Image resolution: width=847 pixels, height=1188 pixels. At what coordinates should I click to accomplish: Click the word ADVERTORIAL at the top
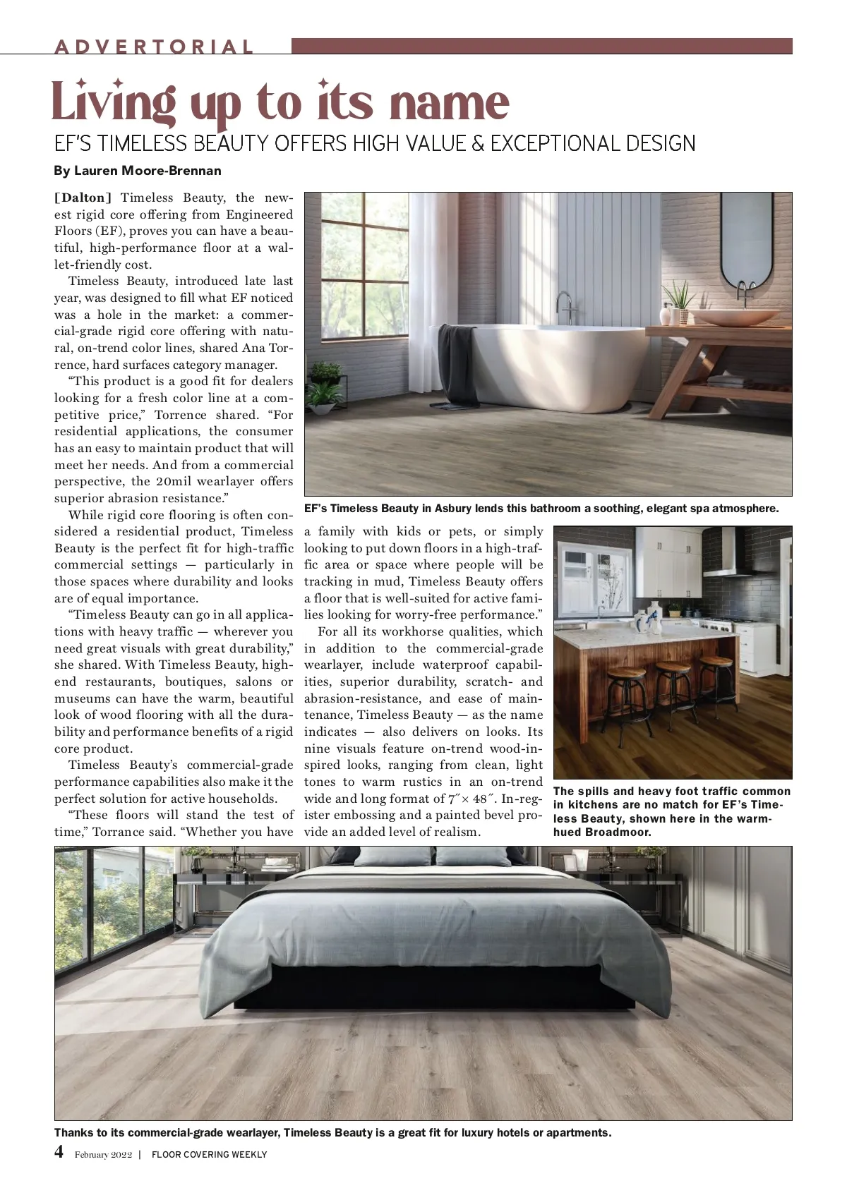(154, 47)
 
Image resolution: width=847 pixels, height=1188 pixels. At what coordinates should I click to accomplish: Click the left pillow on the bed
(392, 856)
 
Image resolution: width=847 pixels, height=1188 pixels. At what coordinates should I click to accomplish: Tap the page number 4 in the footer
(59, 1152)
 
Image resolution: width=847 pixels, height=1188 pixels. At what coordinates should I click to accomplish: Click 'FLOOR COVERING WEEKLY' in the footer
(210, 1155)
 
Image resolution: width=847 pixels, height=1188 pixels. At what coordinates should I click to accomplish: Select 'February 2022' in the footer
(103, 1155)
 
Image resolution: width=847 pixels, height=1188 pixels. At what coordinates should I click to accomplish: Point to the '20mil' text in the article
(174, 482)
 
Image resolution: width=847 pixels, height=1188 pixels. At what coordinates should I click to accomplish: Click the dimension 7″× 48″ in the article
(469, 799)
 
